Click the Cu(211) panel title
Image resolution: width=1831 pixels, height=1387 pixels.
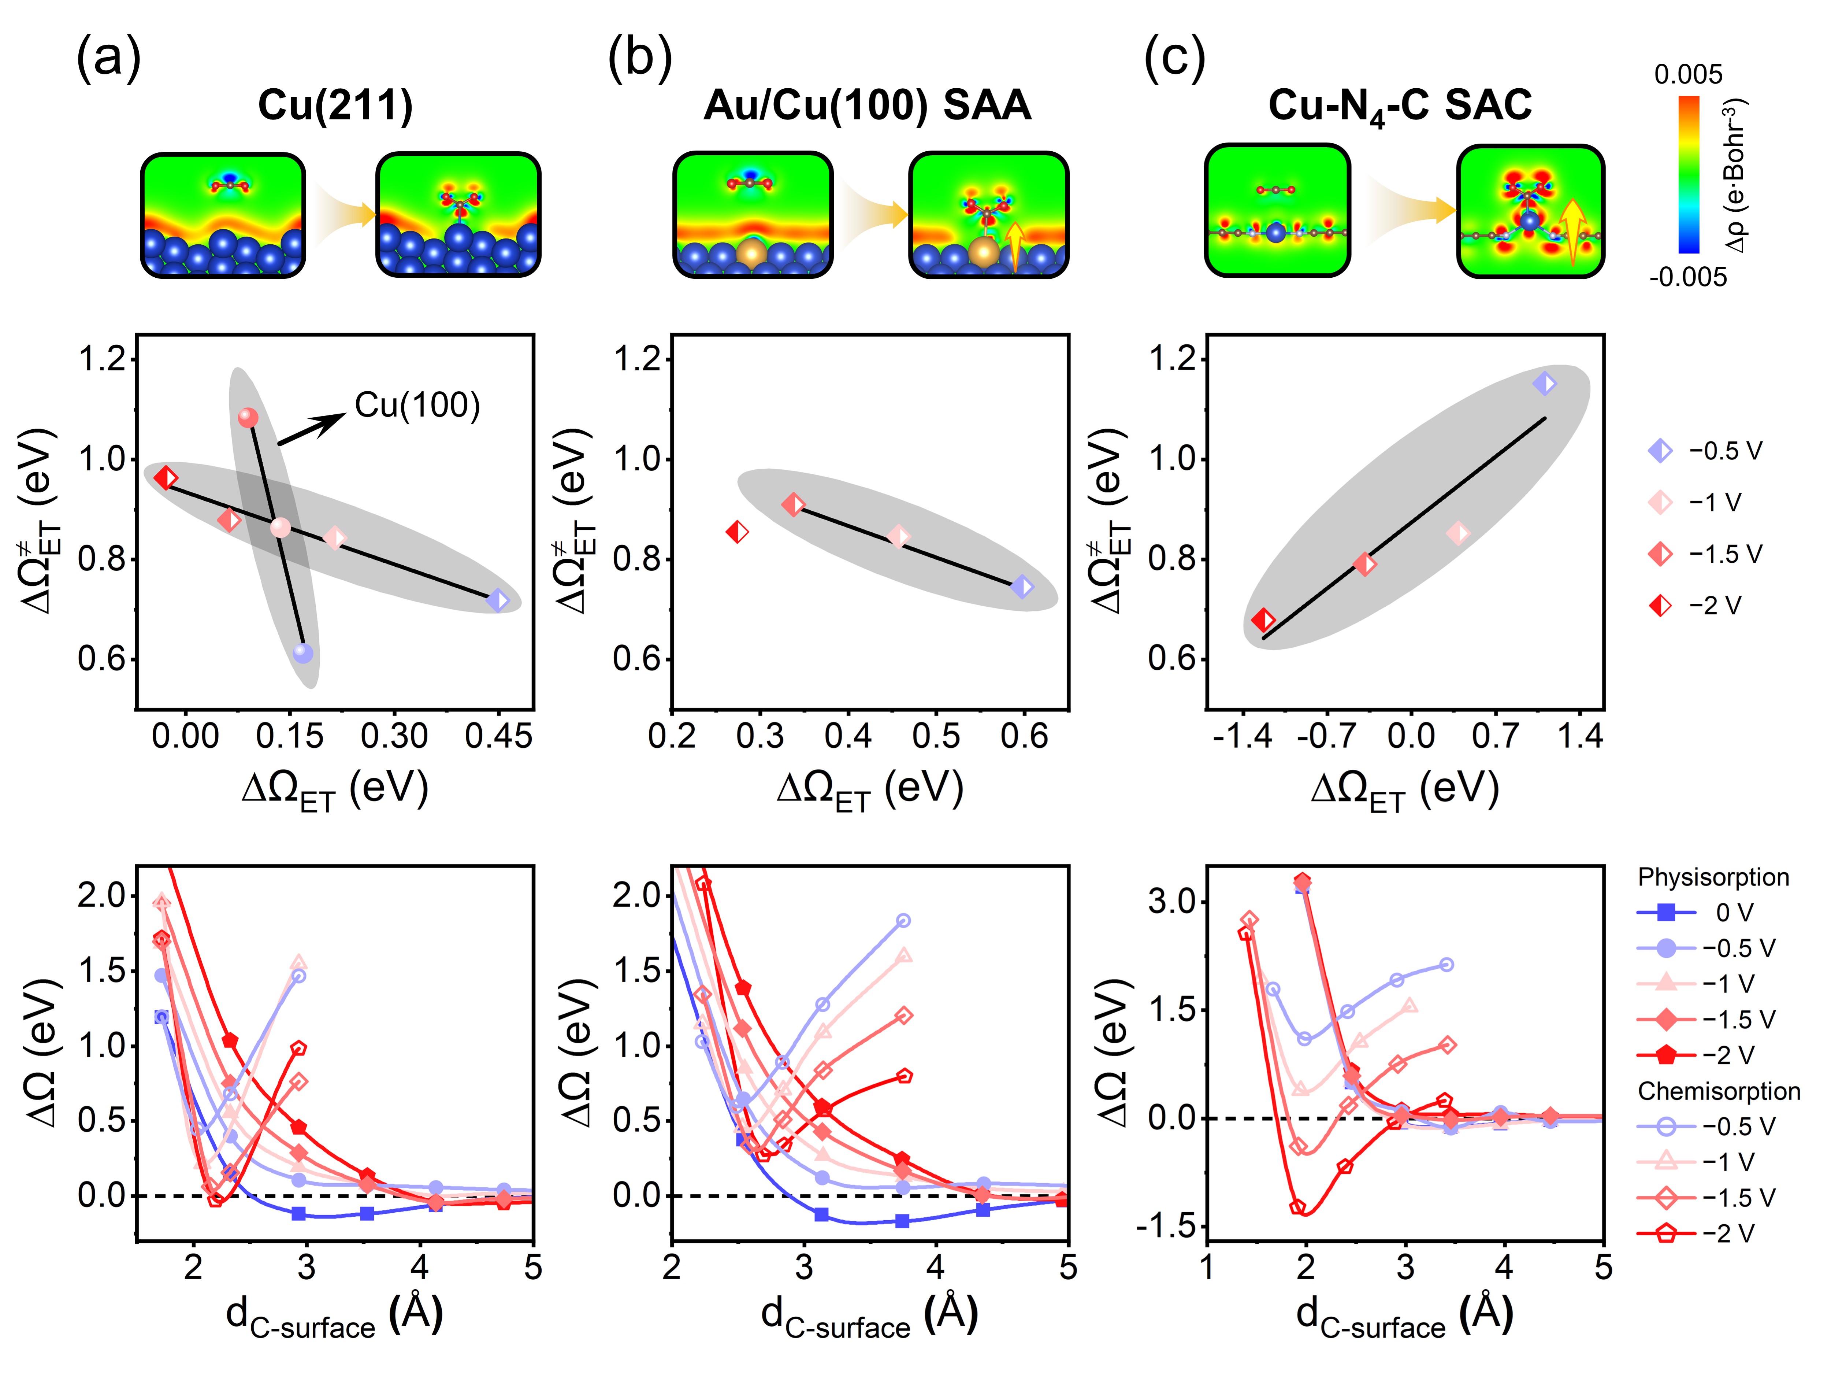point(335,106)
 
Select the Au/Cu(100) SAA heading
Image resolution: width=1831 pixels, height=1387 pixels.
point(868,106)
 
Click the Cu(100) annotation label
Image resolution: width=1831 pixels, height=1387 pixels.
point(417,405)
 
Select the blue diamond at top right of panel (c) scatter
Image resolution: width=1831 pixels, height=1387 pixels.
point(1544,384)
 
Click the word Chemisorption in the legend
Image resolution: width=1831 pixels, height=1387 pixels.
point(1719,1091)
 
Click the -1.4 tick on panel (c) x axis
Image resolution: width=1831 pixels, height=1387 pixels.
point(1242,735)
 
